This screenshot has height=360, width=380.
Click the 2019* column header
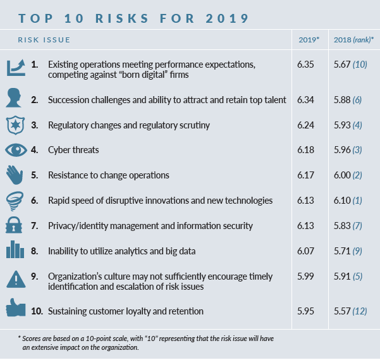pos(309,40)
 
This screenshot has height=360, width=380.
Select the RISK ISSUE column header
pos(44,40)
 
